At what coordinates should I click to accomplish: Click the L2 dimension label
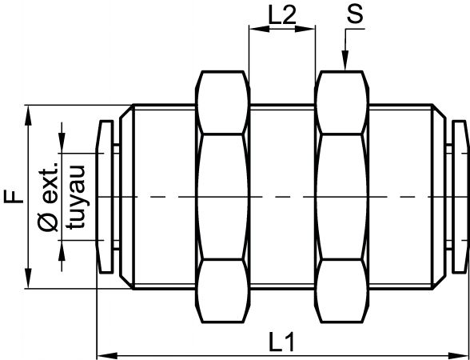click(x=282, y=15)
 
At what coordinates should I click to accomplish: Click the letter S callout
click(x=355, y=14)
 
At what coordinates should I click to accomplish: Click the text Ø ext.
click(x=48, y=197)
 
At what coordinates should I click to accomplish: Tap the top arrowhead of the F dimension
click(x=29, y=115)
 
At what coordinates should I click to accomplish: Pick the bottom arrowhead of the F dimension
click(x=29, y=278)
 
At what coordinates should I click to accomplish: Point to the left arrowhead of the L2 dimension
click(x=259, y=29)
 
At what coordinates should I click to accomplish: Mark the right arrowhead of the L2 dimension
click(x=305, y=29)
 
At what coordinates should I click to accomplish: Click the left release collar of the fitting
click(x=105, y=197)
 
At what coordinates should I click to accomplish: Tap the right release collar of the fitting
click(x=460, y=197)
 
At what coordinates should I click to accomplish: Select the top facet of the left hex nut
click(x=222, y=102)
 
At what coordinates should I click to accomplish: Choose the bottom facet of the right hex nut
click(x=341, y=291)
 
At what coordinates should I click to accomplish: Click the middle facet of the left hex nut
click(x=222, y=197)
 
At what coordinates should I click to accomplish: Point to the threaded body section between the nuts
click(x=282, y=197)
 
